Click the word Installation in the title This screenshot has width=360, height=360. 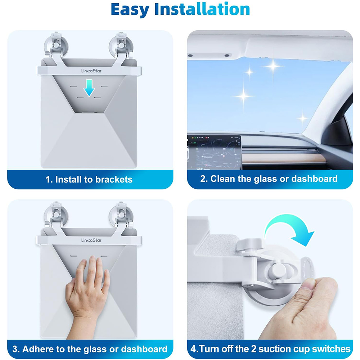(x=202, y=10)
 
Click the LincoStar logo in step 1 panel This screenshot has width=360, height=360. (x=91, y=71)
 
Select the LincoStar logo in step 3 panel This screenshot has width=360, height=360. (x=91, y=240)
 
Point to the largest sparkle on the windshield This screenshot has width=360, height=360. (x=273, y=66)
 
